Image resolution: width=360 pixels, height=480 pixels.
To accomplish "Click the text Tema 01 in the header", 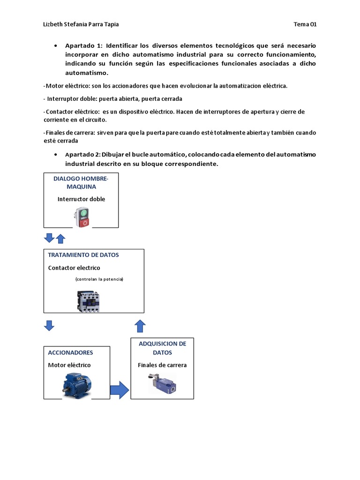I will (305, 25).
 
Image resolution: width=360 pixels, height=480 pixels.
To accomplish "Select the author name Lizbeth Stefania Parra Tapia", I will (84, 25).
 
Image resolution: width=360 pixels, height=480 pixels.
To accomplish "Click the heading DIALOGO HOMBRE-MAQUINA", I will (81, 182).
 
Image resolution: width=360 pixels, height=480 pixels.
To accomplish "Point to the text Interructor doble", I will (81, 199).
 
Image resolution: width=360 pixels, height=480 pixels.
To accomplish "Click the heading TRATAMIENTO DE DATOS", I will (83, 255).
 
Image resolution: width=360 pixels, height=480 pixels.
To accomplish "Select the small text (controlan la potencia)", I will (99, 279).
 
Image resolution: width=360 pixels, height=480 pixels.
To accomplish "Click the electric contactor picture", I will (89, 300).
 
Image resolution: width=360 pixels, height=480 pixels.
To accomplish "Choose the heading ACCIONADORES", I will (71, 352).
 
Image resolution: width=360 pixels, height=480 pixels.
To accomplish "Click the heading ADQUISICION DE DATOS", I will (162, 348).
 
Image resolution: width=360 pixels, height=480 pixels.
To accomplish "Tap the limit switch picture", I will (162, 383).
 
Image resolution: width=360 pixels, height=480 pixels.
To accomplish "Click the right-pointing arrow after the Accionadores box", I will (120, 390).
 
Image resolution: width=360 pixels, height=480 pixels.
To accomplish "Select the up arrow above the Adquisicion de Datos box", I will (140, 326).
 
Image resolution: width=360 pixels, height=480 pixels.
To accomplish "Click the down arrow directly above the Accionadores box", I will (49, 325).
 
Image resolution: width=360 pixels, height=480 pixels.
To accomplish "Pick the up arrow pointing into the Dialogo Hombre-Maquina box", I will (60, 239).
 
